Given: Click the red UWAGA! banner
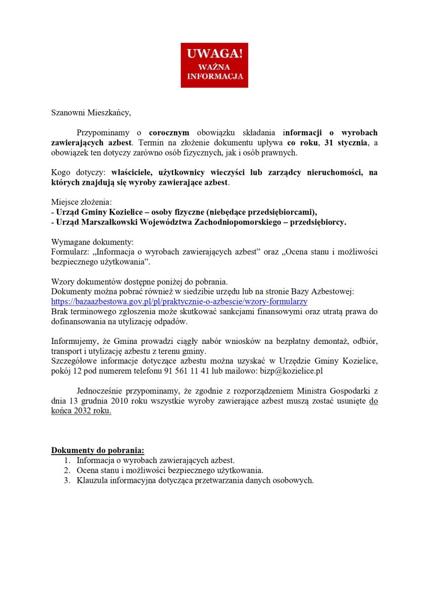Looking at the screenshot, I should point(214,65).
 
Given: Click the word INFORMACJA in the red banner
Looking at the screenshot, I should point(215,77).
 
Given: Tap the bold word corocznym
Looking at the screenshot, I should point(169,133).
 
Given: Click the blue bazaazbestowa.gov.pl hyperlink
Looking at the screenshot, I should point(179,301).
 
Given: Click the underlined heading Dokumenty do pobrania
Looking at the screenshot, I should point(98,450).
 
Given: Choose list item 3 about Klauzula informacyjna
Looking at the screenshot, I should point(195,480).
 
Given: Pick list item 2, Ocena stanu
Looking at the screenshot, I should point(170,470).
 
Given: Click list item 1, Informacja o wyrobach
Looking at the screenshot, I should point(155,460).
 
